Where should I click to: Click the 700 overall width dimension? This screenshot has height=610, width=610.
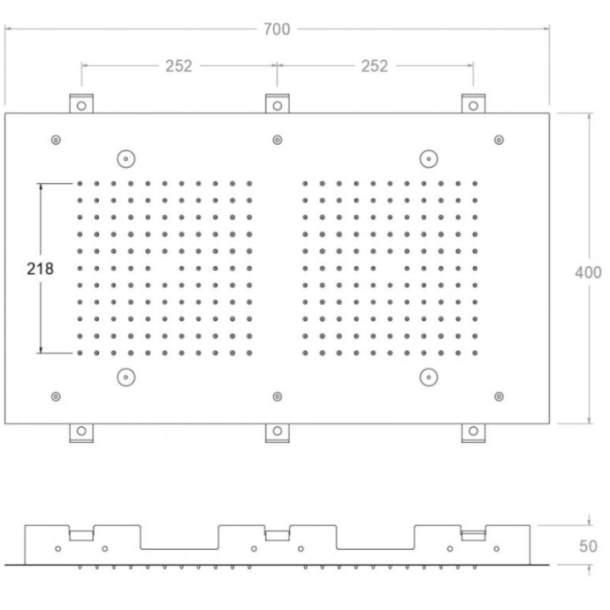pyautogui.click(x=276, y=29)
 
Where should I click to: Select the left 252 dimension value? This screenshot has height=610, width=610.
pyautogui.click(x=179, y=66)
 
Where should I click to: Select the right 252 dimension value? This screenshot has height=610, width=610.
pyautogui.click(x=374, y=66)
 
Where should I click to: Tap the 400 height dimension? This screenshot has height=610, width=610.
pyautogui.click(x=588, y=273)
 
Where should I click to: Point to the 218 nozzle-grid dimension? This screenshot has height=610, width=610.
pyautogui.click(x=40, y=269)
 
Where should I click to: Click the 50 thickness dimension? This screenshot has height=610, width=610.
pyautogui.click(x=588, y=546)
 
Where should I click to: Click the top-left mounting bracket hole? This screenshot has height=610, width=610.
pyautogui.click(x=81, y=106)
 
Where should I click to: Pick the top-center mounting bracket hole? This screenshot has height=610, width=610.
pyautogui.click(x=277, y=106)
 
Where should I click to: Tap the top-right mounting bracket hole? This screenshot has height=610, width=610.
pyautogui.click(x=474, y=106)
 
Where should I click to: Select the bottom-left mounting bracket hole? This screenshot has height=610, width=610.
pyautogui.click(x=81, y=431)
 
